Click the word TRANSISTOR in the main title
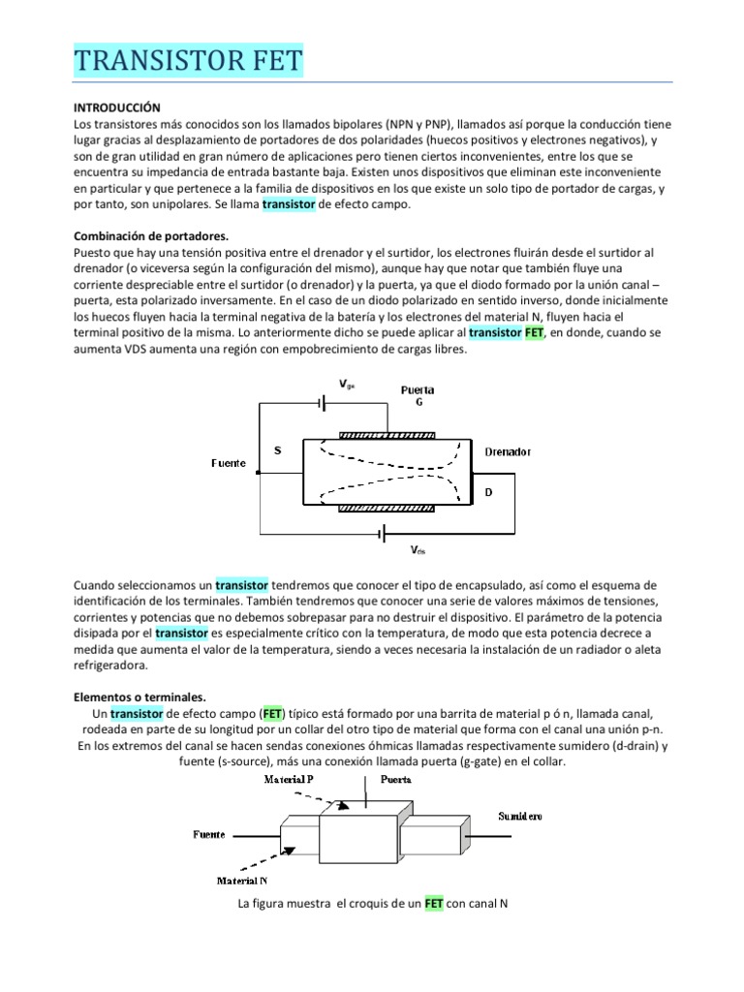click(158, 61)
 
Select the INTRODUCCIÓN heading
click(117, 108)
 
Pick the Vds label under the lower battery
click(418, 549)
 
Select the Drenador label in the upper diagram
click(507, 452)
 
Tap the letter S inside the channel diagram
click(278, 450)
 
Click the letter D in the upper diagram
click(488, 492)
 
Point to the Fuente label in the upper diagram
click(229, 463)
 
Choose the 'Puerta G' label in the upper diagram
click(418, 396)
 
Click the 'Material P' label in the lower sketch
click(289, 779)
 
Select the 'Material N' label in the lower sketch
click(243, 881)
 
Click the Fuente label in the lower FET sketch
click(210, 833)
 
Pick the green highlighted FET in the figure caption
click(433, 903)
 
